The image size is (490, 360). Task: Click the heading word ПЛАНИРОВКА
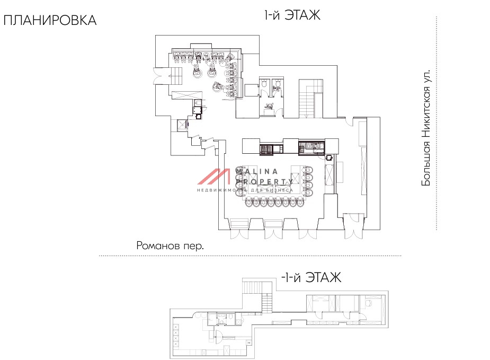[x=50, y=21]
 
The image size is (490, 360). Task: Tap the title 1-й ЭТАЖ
[x=292, y=16]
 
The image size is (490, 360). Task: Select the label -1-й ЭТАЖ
[x=310, y=277]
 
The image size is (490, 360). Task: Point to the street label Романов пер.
[x=170, y=246]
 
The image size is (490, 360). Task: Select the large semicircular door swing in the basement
[x=217, y=334]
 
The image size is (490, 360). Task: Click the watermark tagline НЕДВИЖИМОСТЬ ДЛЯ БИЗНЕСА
[x=245, y=190]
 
